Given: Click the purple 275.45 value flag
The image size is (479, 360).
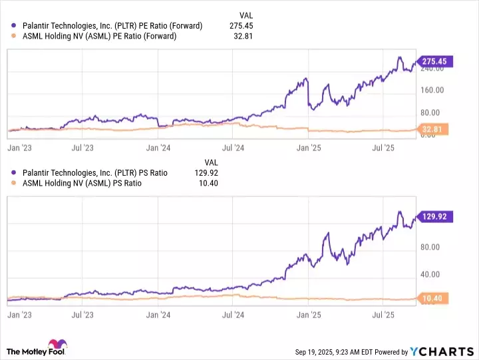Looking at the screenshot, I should pyautogui.click(x=432, y=61).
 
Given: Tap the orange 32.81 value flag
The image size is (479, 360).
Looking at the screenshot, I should pyautogui.click(x=433, y=128).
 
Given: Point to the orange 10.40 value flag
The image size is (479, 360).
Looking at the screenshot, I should pyautogui.click(x=433, y=297).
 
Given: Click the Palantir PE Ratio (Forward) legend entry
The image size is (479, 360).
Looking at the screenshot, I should pyautogui.click(x=112, y=26).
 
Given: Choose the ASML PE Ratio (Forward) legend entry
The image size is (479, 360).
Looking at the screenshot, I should pyautogui.click(x=100, y=36).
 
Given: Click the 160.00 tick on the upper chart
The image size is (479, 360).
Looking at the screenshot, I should pyautogui.click(x=432, y=90).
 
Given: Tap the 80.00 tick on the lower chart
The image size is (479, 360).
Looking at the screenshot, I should pyautogui.click(x=432, y=247).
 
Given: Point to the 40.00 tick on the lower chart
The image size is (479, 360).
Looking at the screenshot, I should pyautogui.click(x=432, y=274).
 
